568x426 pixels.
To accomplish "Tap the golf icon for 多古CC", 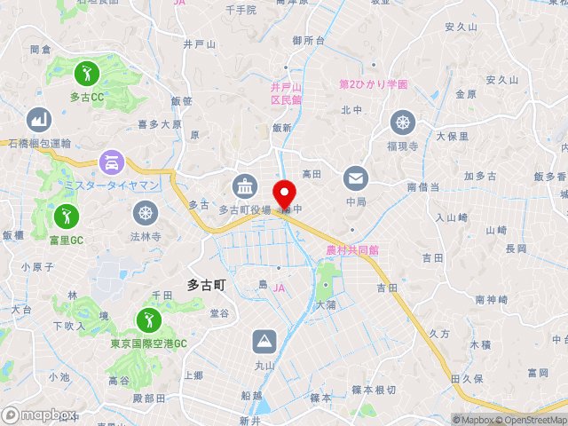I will (x=87, y=72).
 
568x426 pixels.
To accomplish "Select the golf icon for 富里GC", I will (x=66, y=216).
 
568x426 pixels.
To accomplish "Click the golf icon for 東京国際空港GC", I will (x=148, y=320).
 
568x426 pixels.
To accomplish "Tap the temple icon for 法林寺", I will (x=146, y=213).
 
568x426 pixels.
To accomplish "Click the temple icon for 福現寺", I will (x=403, y=122).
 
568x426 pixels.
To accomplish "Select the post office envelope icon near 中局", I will (x=357, y=178).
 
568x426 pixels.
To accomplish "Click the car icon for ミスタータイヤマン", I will (x=113, y=162).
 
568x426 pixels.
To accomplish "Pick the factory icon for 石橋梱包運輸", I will (x=37, y=119).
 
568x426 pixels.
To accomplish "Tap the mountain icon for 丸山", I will (x=264, y=341).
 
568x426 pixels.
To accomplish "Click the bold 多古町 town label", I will (x=207, y=285).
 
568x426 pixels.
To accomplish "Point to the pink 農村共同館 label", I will (x=352, y=251).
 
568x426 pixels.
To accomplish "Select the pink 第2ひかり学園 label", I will (x=374, y=84).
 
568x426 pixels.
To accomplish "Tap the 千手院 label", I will (x=241, y=10).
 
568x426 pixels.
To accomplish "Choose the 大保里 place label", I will (x=452, y=137).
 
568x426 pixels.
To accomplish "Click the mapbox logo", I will (x=39, y=414).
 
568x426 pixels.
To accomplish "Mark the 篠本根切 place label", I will (x=374, y=390).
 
